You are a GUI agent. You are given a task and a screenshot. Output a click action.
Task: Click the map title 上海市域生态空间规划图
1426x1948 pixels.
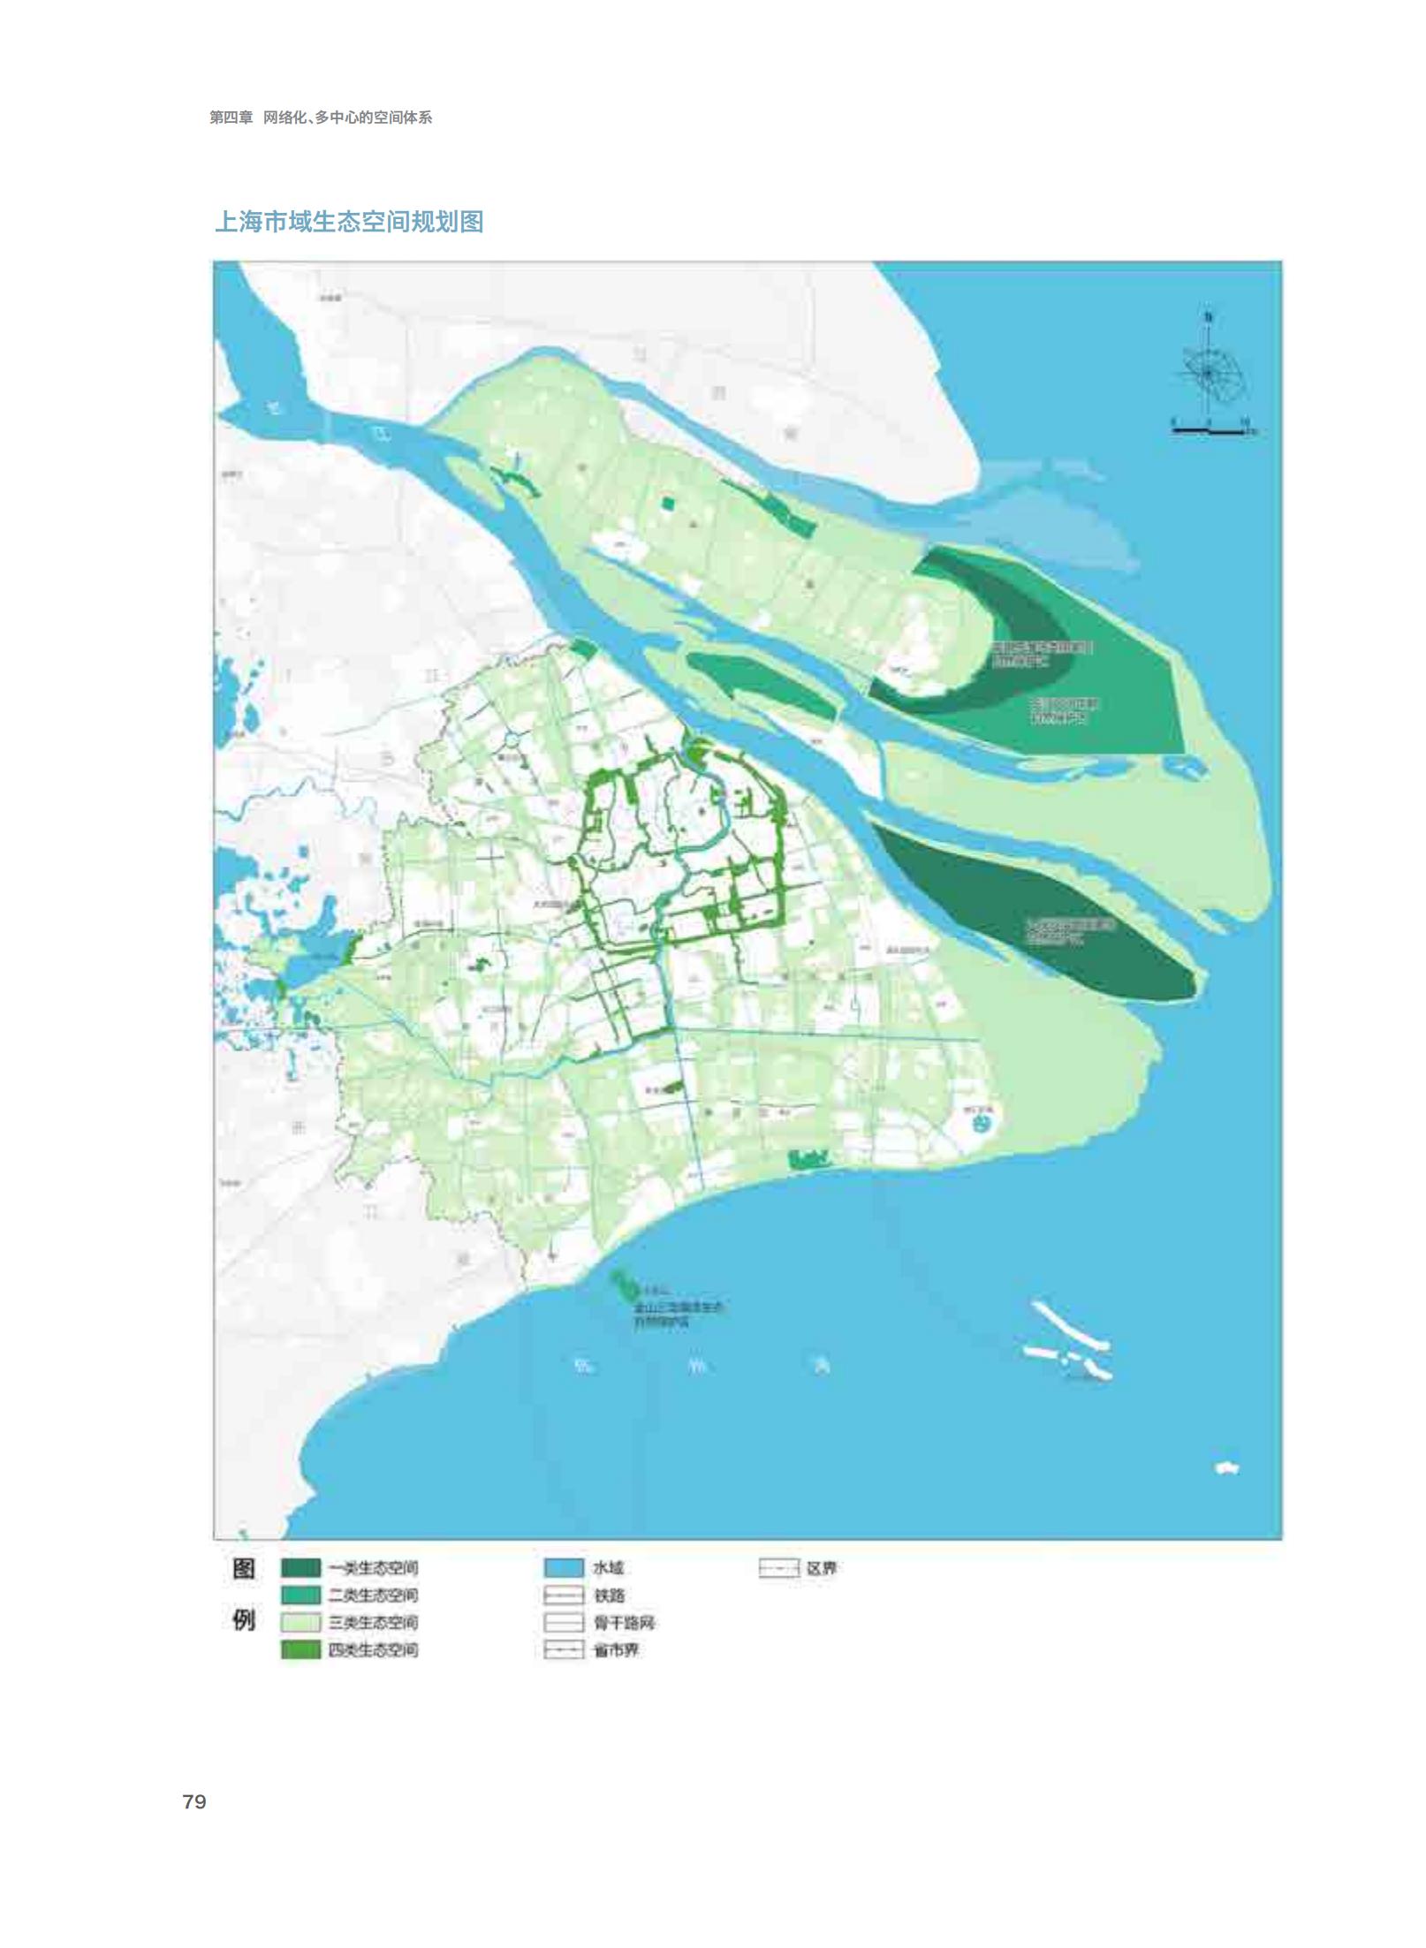click(x=349, y=222)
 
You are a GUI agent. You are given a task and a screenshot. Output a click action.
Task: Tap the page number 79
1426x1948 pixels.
click(x=194, y=1802)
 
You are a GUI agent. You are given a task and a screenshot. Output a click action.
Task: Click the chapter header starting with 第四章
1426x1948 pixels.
click(x=320, y=117)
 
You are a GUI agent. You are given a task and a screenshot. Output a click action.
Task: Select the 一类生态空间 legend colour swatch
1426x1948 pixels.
click(x=300, y=1568)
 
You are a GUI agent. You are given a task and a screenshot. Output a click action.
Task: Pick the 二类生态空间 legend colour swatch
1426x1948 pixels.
click(x=300, y=1596)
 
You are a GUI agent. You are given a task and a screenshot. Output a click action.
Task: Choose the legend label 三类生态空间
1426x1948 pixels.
click(x=373, y=1623)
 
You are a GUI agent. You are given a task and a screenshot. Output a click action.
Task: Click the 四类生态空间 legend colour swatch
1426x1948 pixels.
click(x=300, y=1650)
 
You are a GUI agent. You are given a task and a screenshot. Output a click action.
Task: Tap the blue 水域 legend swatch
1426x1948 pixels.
click(x=564, y=1568)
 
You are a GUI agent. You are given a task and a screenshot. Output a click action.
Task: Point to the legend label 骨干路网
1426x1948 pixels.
click(x=624, y=1623)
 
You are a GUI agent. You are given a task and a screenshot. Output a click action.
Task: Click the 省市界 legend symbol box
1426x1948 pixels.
click(x=564, y=1650)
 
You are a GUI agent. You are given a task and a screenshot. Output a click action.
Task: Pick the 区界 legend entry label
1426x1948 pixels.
click(x=821, y=1568)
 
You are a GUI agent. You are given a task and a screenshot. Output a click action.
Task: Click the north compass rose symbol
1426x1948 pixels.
click(x=1209, y=373)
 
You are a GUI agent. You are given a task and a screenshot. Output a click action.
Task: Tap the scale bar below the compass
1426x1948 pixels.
click(x=1209, y=430)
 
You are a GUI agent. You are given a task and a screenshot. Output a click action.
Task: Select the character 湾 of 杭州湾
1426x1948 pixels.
click(x=822, y=1367)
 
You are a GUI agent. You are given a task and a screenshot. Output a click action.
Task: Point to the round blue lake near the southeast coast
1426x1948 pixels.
click(x=981, y=1125)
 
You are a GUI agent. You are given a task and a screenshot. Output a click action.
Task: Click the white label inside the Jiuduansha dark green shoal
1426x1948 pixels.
click(x=1069, y=929)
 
